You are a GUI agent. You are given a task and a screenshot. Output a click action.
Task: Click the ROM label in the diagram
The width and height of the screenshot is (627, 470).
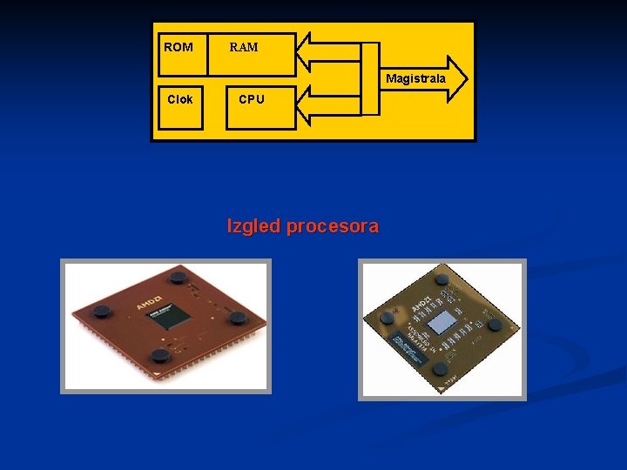click(x=179, y=47)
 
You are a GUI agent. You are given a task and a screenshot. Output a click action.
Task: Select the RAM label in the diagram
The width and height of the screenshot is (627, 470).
click(x=244, y=47)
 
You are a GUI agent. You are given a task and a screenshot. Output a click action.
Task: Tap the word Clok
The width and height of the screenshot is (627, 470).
click(x=180, y=99)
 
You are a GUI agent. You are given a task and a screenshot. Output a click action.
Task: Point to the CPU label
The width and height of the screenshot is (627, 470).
click(x=252, y=99)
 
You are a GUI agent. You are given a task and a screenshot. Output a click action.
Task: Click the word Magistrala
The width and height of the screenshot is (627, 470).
click(x=415, y=78)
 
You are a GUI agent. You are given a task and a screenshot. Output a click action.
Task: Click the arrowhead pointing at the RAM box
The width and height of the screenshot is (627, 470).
click(x=307, y=52)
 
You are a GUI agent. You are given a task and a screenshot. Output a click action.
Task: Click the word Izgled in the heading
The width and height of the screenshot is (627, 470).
click(x=253, y=226)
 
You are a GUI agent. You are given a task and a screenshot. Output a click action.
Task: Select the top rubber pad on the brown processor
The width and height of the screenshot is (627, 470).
click(x=179, y=278)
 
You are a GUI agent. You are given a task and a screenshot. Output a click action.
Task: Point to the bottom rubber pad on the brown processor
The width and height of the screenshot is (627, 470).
click(x=159, y=354)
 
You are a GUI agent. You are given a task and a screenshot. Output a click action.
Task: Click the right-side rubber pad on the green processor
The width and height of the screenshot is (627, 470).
click(x=495, y=325)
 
